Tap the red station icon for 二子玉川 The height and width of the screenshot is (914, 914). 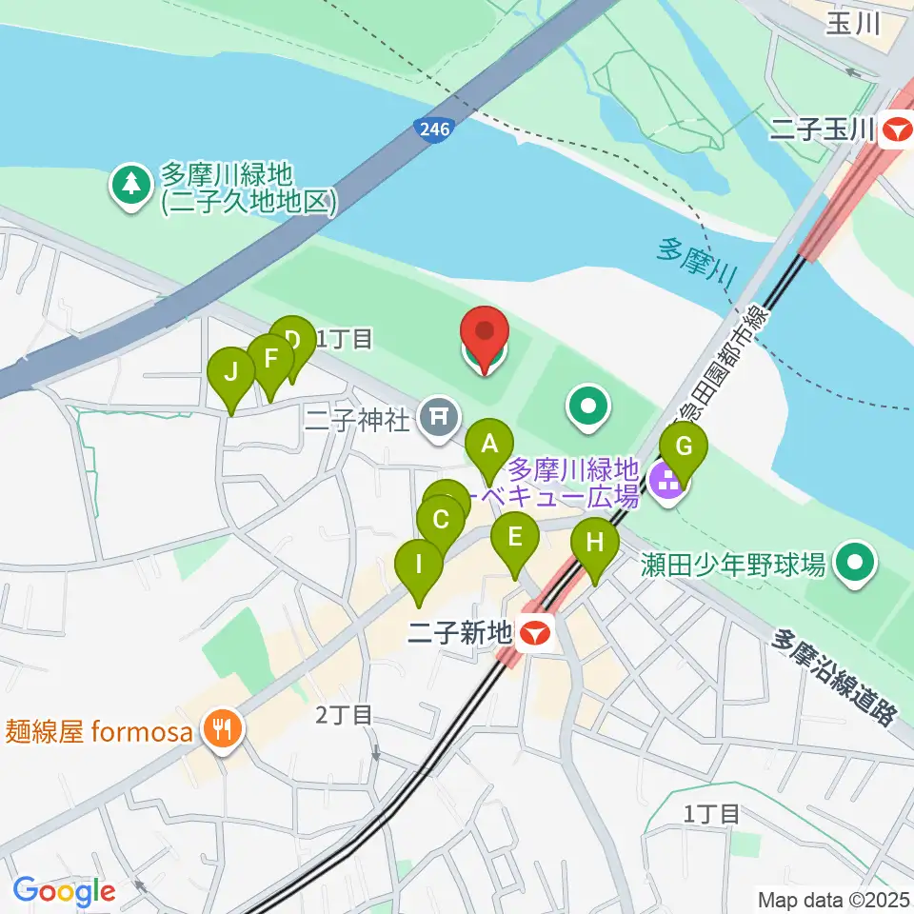click(x=896, y=129)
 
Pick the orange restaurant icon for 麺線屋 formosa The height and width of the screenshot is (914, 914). click(x=223, y=731)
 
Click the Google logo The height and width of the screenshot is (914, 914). click(x=64, y=891)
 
